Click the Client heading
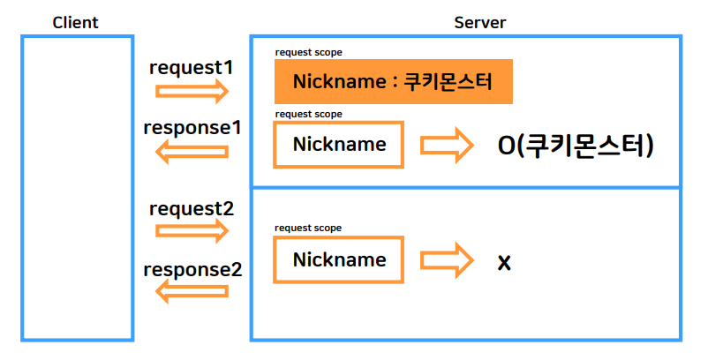click(x=75, y=22)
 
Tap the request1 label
click(x=192, y=67)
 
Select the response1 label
click(x=192, y=127)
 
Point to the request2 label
click(x=192, y=209)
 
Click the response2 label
click(x=192, y=269)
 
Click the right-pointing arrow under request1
click(x=192, y=90)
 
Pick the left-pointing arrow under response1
click(x=192, y=151)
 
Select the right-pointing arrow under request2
click(x=192, y=230)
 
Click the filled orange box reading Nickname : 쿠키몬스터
click(x=394, y=82)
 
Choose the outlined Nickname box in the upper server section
click(x=339, y=145)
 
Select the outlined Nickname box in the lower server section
click(x=339, y=260)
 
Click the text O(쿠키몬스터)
click(x=576, y=146)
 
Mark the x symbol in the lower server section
click(x=504, y=262)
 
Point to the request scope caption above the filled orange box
click(x=308, y=53)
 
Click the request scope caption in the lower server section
click(x=308, y=228)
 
